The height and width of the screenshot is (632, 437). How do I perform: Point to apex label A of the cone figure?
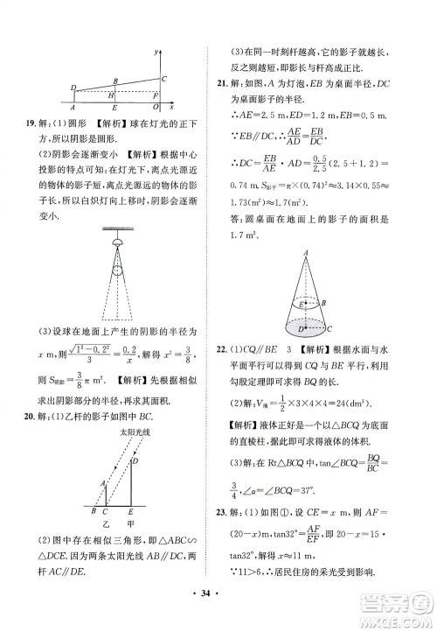point(305,254)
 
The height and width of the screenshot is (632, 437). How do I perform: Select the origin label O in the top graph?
point(154,109)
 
